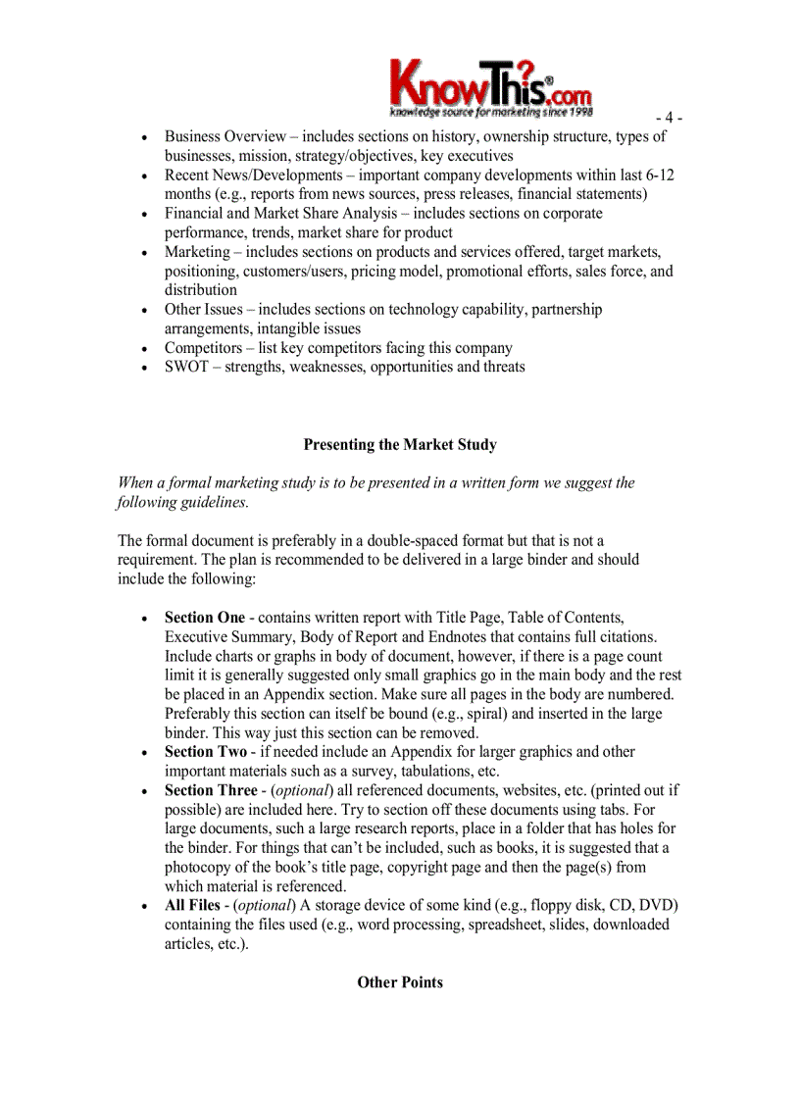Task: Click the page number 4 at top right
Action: (x=669, y=119)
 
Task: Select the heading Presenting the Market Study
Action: (x=400, y=444)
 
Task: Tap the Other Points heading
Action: (x=400, y=981)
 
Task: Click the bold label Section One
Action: (x=204, y=618)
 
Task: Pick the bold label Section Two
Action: (x=205, y=752)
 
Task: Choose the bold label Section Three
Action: (x=210, y=790)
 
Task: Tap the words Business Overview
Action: (x=225, y=136)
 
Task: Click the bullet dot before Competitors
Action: (x=144, y=349)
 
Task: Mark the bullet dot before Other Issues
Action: (x=144, y=310)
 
